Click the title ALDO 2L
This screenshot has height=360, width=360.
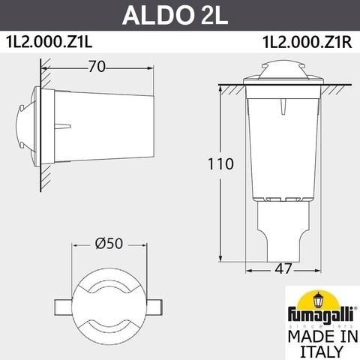click(x=179, y=15)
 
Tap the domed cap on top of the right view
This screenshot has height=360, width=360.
click(x=273, y=72)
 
